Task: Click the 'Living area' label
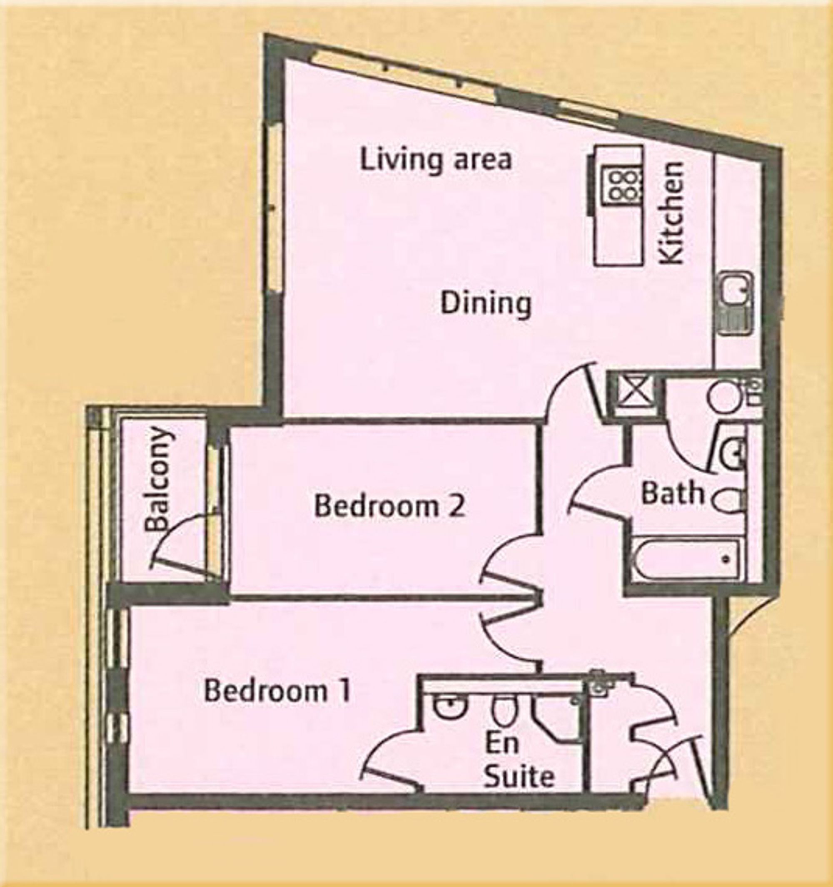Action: [x=436, y=161]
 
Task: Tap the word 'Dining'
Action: [x=486, y=304]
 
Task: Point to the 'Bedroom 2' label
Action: [x=390, y=507]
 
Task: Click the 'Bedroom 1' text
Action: [x=277, y=691]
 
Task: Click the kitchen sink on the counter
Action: [x=736, y=304]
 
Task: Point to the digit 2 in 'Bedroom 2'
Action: [x=458, y=507]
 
